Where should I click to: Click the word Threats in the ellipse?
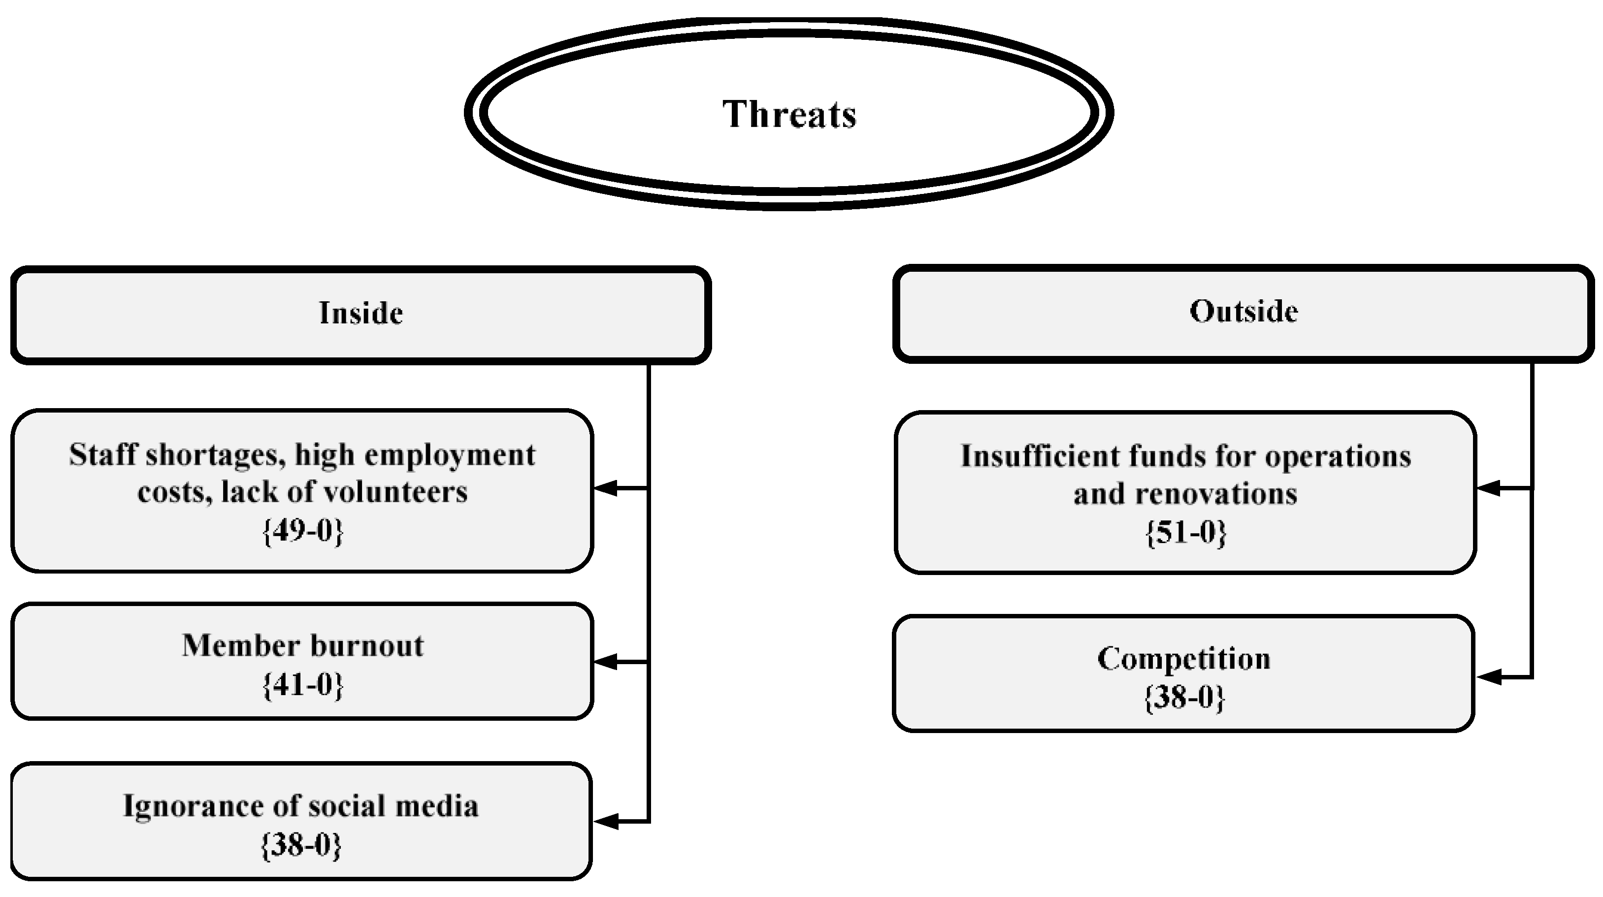pos(789,114)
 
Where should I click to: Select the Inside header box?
pos(361,314)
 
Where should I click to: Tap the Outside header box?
pos(1243,312)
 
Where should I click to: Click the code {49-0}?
pos(303,531)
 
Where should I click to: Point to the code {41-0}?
pos(303,685)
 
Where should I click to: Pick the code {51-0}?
pos(1185,533)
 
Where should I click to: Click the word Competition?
pos(1183,659)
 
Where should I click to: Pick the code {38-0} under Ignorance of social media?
pos(301,845)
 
